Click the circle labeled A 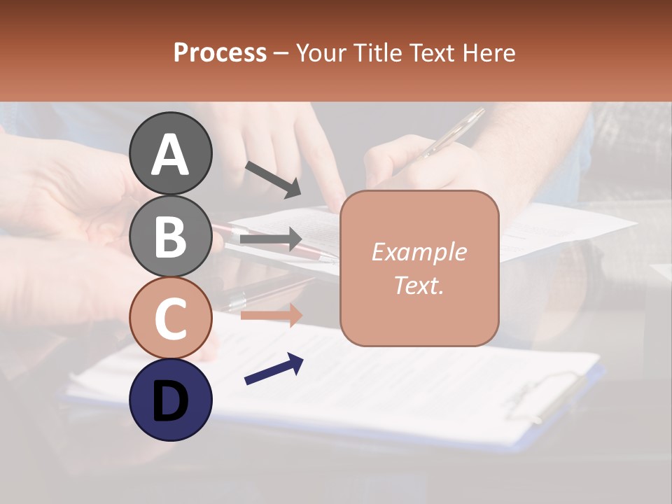(171, 153)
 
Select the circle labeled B (171, 235)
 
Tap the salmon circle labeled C (171, 318)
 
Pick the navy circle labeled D (171, 400)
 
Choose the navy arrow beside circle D (274, 369)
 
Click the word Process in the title (220, 52)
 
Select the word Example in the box (419, 252)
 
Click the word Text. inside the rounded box (419, 285)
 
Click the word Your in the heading (319, 52)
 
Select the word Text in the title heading (432, 52)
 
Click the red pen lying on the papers (276, 241)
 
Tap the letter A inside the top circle (171, 155)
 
